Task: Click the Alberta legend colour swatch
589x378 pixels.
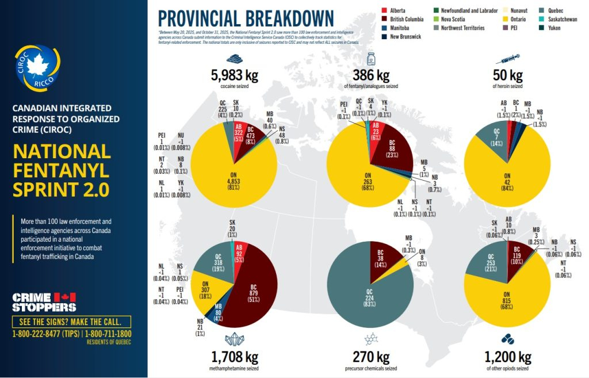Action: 384,11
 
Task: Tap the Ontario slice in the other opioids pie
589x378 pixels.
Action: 506,299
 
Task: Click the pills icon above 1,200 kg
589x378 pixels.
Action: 507,339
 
